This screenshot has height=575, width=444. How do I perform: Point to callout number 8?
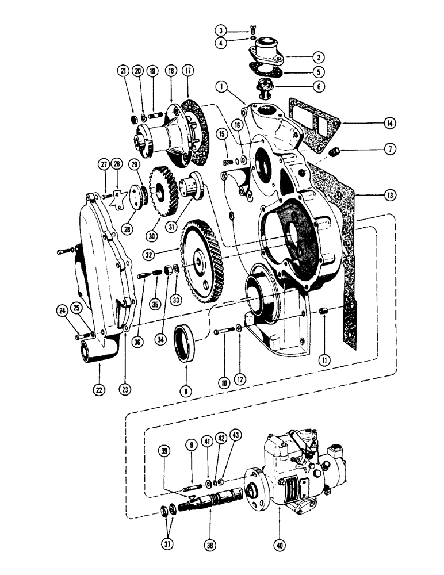[x=186, y=390]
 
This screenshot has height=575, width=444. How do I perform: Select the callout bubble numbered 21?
[x=123, y=71]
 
